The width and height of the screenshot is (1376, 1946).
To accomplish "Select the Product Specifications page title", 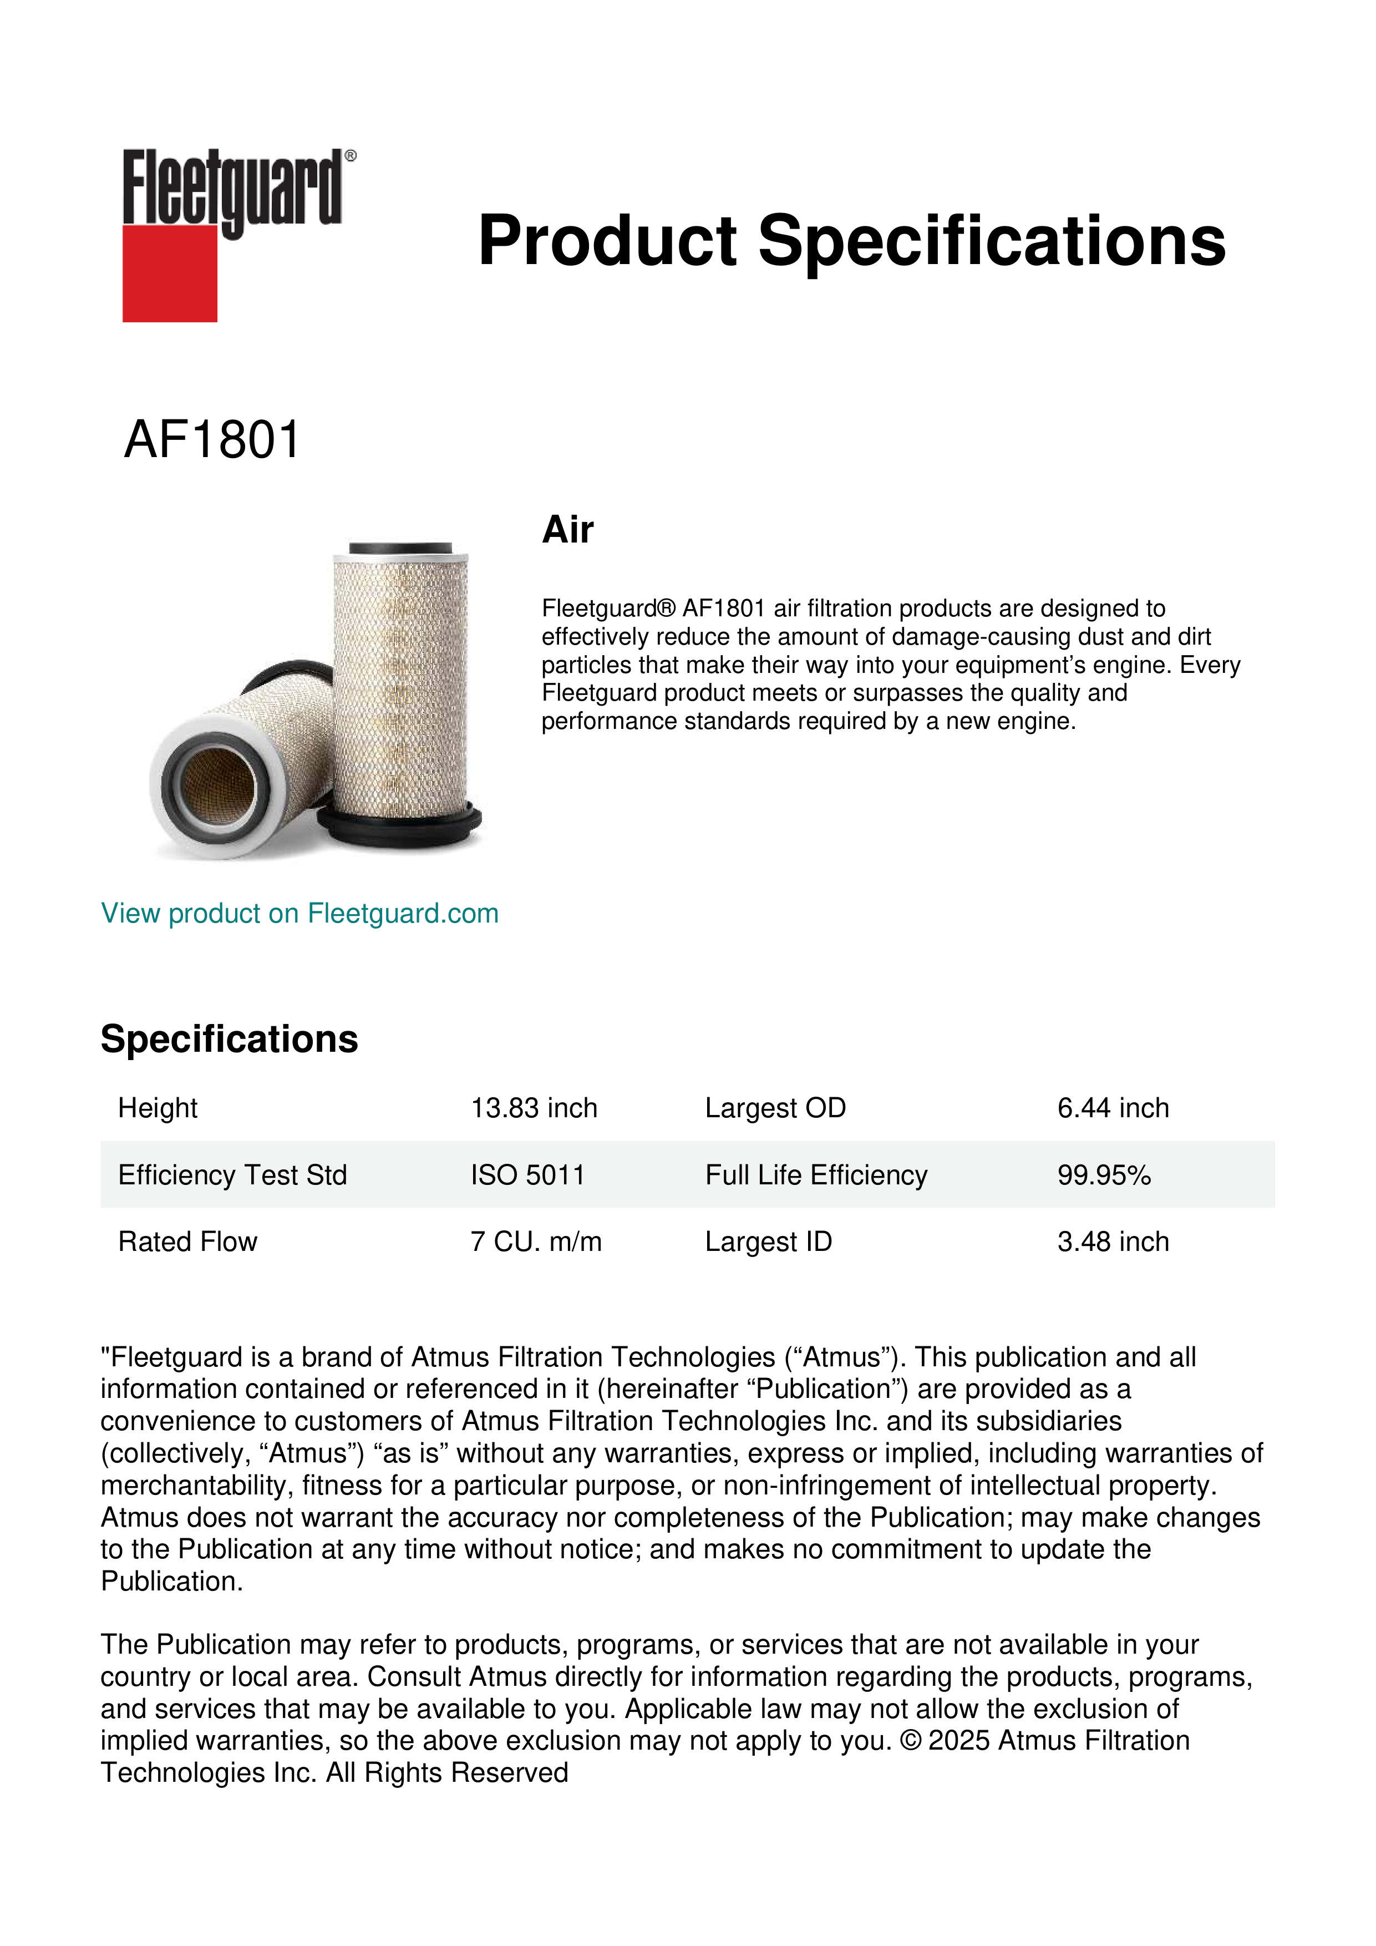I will coord(851,241).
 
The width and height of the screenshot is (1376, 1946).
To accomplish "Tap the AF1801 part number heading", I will coord(212,440).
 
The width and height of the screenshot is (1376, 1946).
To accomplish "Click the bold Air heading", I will coord(568,530).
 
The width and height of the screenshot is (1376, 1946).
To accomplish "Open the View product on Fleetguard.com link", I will coord(299,914).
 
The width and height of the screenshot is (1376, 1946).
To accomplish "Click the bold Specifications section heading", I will coord(229,1039).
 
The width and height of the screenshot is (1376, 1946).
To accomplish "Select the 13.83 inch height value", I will coord(534,1108).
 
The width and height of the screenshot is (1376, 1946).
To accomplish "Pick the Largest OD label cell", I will coord(775,1108).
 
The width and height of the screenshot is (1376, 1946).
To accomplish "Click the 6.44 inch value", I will coord(1113,1108).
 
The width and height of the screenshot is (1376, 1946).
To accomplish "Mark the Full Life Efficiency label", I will coord(816,1175).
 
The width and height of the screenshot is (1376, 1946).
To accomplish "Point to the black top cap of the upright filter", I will coord(401,549).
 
